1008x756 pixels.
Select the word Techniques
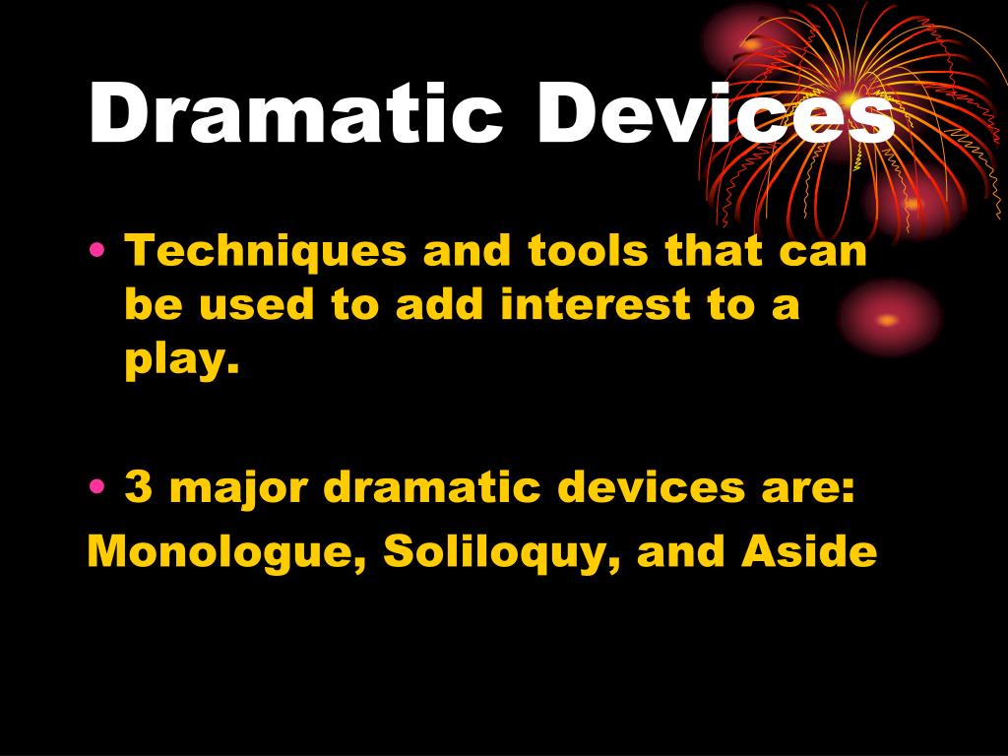[265, 251]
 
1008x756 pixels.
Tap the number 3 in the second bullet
[138, 488]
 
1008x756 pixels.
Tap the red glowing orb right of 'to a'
[888, 319]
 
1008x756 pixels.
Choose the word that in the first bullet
[716, 251]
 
